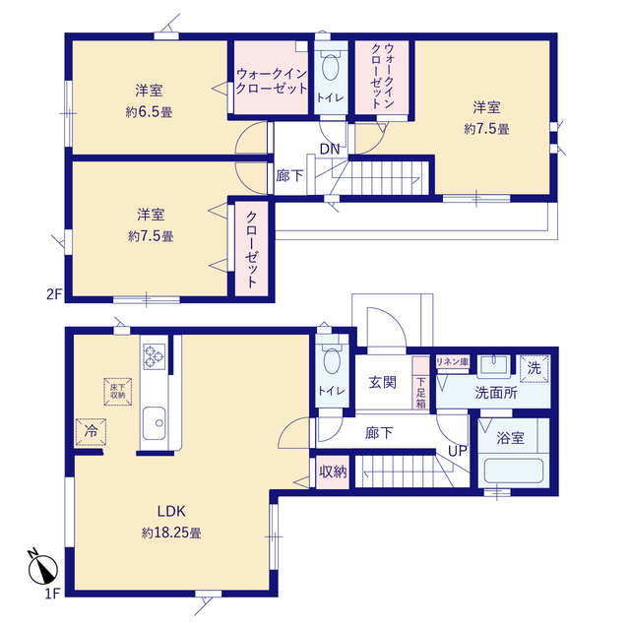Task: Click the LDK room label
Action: [171, 511]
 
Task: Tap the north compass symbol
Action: [42, 567]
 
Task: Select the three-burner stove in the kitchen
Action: [155, 356]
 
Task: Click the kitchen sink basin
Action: [154, 422]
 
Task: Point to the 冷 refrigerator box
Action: [92, 432]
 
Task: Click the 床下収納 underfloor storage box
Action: [118, 392]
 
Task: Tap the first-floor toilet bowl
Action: [332, 360]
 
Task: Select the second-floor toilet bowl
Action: [331, 67]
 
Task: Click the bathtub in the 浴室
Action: [513, 471]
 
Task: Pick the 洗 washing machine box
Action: [534, 368]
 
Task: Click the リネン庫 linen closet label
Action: [453, 361]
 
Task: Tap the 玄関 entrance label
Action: [383, 383]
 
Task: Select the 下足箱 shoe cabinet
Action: [420, 383]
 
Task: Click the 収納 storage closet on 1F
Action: [333, 472]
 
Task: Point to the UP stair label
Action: [457, 451]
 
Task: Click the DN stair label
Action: [330, 149]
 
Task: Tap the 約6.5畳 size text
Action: [149, 112]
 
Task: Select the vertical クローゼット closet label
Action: [252, 249]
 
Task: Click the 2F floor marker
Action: [54, 294]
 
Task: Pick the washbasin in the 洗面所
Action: [493, 365]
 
